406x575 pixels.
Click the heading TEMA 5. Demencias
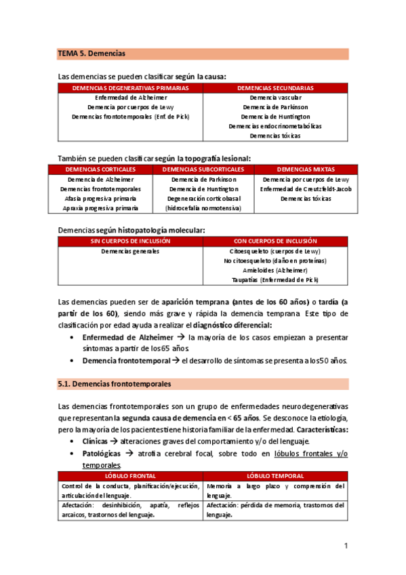pos(92,53)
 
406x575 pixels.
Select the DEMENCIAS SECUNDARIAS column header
pos(275,88)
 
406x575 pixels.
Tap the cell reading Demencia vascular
pos(275,98)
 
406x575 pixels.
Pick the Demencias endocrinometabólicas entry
pos(275,126)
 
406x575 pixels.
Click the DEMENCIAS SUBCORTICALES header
pos(203,169)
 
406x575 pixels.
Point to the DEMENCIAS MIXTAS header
pos(306,169)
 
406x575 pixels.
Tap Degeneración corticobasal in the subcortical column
pos(203,199)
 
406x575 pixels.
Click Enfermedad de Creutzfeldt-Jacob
pos(306,189)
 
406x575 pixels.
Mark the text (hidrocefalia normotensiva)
pos(203,208)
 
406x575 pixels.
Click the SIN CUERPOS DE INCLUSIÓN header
pos(130,241)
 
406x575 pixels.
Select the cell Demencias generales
pos(130,251)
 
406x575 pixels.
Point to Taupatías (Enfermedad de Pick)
pos(275,279)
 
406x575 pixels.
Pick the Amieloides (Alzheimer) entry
pos(275,270)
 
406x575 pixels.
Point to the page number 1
pos(346,545)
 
